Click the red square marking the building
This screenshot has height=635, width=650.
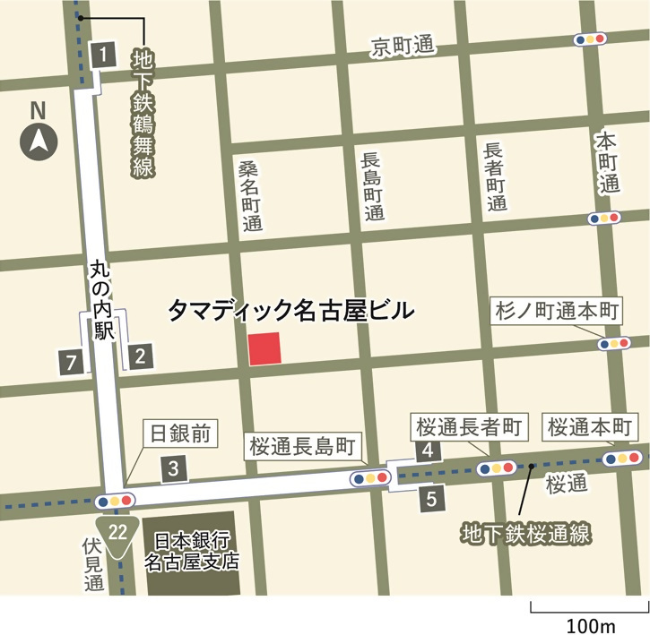tap(264, 348)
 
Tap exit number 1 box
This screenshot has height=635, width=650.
tap(104, 55)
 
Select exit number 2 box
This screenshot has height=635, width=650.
tap(139, 357)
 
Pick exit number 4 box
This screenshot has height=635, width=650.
tap(429, 451)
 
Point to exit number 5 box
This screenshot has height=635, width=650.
tap(431, 499)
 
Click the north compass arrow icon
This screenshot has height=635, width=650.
tap(39, 141)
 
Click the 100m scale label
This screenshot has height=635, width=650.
tap(588, 623)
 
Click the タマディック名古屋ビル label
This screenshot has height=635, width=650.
tap(291, 311)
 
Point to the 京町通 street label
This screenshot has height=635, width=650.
tap(402, 47)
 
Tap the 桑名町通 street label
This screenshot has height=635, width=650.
tap(250, 196)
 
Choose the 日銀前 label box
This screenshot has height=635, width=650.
tap(179, 435)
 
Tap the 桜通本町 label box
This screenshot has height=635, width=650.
tap(590, 426)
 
